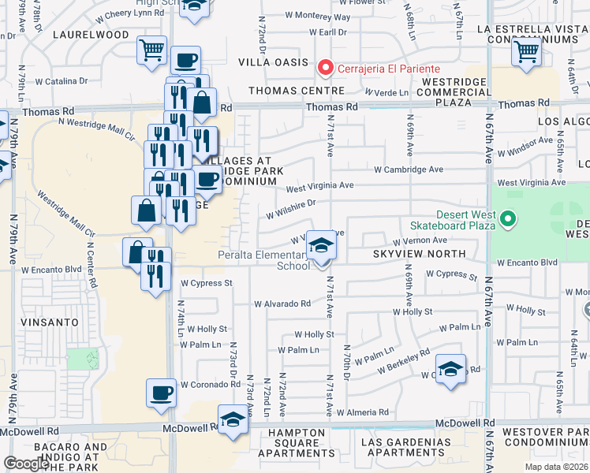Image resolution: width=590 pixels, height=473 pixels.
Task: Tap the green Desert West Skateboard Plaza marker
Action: tap(509, 218)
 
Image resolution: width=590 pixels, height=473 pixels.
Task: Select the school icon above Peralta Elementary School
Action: tap(321, 247)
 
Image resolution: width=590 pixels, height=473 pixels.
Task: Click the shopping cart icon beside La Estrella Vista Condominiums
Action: tap(526, 52)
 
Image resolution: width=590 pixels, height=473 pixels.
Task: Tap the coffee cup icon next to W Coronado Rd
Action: tap(162, 393)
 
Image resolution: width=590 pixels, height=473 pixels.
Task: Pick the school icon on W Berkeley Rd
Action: tap(450, 369)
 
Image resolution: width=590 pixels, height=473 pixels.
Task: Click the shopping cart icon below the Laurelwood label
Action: tap(151, 51)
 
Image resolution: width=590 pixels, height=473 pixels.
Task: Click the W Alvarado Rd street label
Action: tap(282, 304)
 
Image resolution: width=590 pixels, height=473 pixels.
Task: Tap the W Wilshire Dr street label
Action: tap(291, 208)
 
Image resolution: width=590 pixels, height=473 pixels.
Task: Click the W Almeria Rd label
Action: tap(362, 412)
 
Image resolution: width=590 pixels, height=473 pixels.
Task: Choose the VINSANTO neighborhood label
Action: tap(50, 322)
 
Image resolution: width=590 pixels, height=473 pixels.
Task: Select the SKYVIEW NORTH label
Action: tap(419, 254)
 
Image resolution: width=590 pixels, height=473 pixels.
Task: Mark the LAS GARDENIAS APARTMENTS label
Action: tap(402, 447)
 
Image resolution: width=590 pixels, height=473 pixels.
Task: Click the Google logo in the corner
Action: tap(26, 464)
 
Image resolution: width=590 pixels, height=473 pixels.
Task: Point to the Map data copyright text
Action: tap(556, 467)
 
